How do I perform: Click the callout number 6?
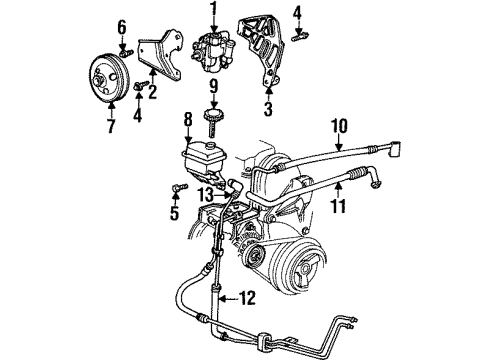[x=122, y=25]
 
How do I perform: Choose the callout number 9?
[x=212, y=99]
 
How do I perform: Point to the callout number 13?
[x=205, y=194]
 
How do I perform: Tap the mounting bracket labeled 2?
[x=160, y=60]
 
